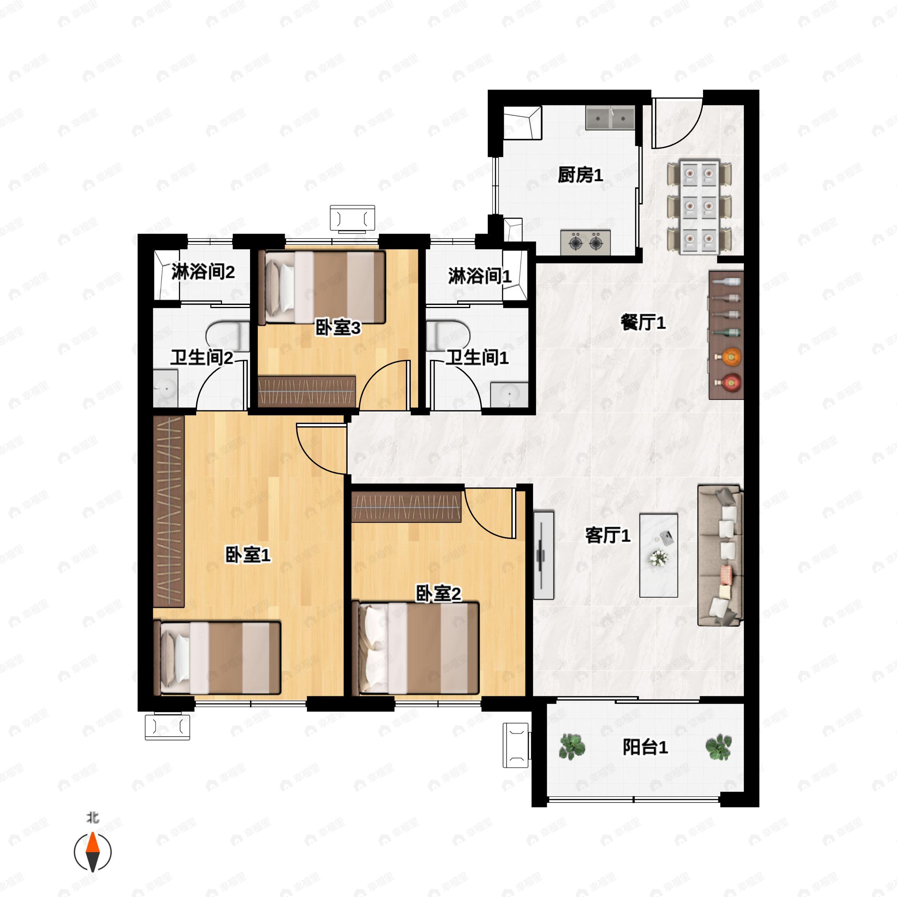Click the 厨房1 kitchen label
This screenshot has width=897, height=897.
(x=580, y=175)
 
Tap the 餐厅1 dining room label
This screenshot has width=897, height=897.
(x=643, y=322)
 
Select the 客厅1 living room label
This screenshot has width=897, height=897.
(x=608, y=535)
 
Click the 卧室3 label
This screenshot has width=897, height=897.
(x=338, y=328)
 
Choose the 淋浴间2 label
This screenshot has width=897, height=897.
(x=203, y=272)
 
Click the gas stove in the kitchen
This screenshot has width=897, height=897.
(x=585, y=242)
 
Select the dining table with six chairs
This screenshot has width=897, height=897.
(x=699, y=207)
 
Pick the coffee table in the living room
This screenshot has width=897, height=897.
(x=658, y=555)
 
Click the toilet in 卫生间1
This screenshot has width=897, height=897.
(x=448, y=335)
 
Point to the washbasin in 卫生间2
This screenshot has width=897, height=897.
(x=165, y=389)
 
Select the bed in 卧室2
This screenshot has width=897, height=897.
(x=416, y=648)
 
